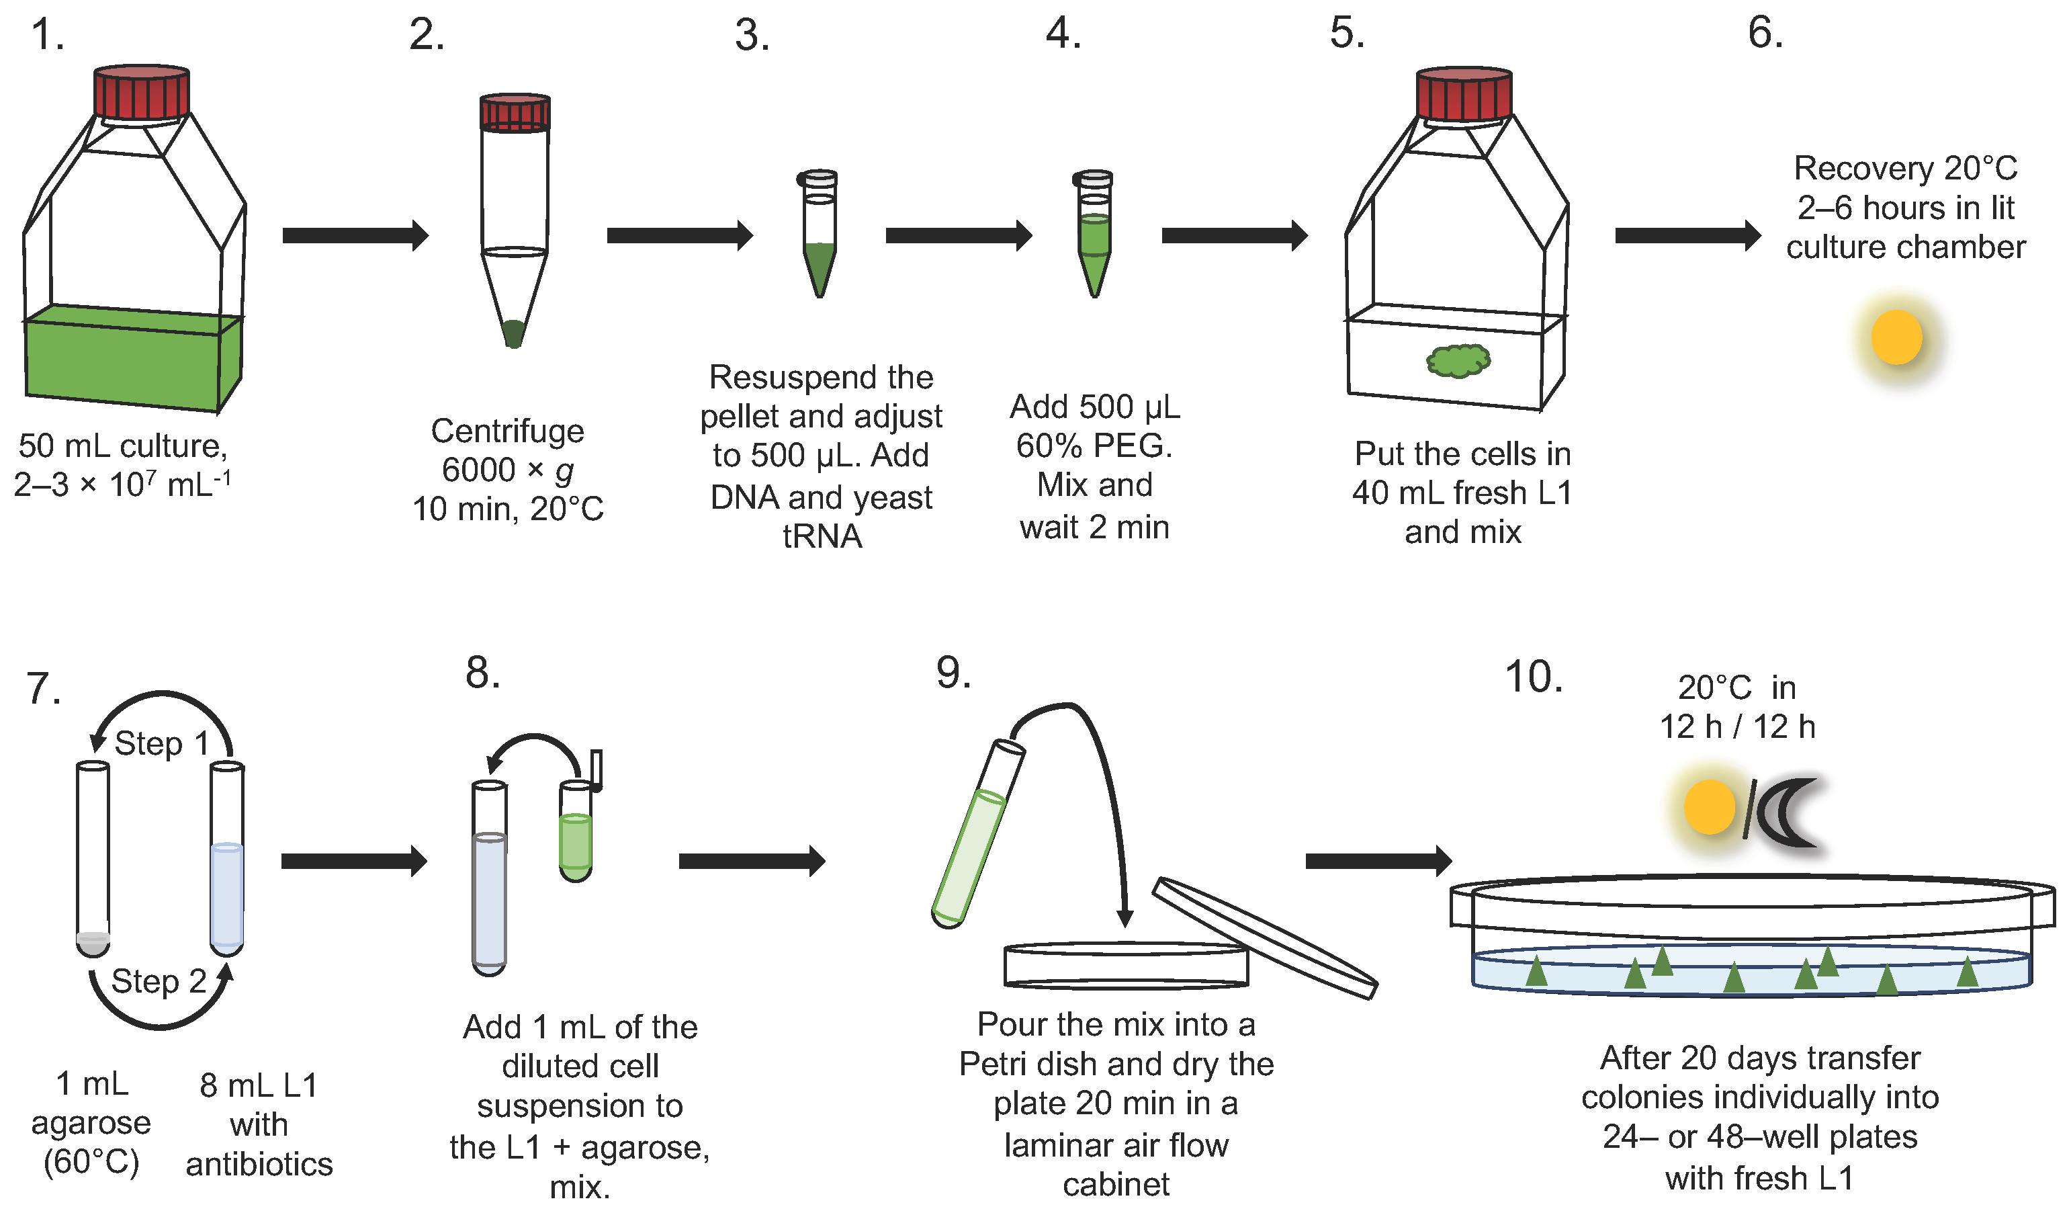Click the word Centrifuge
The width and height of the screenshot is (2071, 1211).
507,431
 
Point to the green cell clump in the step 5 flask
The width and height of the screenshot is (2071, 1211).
1458,360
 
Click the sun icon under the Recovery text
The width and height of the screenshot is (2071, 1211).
1896,337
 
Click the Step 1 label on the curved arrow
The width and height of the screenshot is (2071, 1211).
161,743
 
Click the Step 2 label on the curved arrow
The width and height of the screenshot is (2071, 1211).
159,980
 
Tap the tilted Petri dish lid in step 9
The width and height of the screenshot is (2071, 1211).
1264,937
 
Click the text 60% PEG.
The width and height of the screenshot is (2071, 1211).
1094,446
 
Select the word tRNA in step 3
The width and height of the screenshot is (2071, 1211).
822,536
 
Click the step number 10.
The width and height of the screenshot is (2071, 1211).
1534,677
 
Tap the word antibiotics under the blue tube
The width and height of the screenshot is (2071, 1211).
259,1164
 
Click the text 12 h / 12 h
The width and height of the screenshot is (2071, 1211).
1737,726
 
